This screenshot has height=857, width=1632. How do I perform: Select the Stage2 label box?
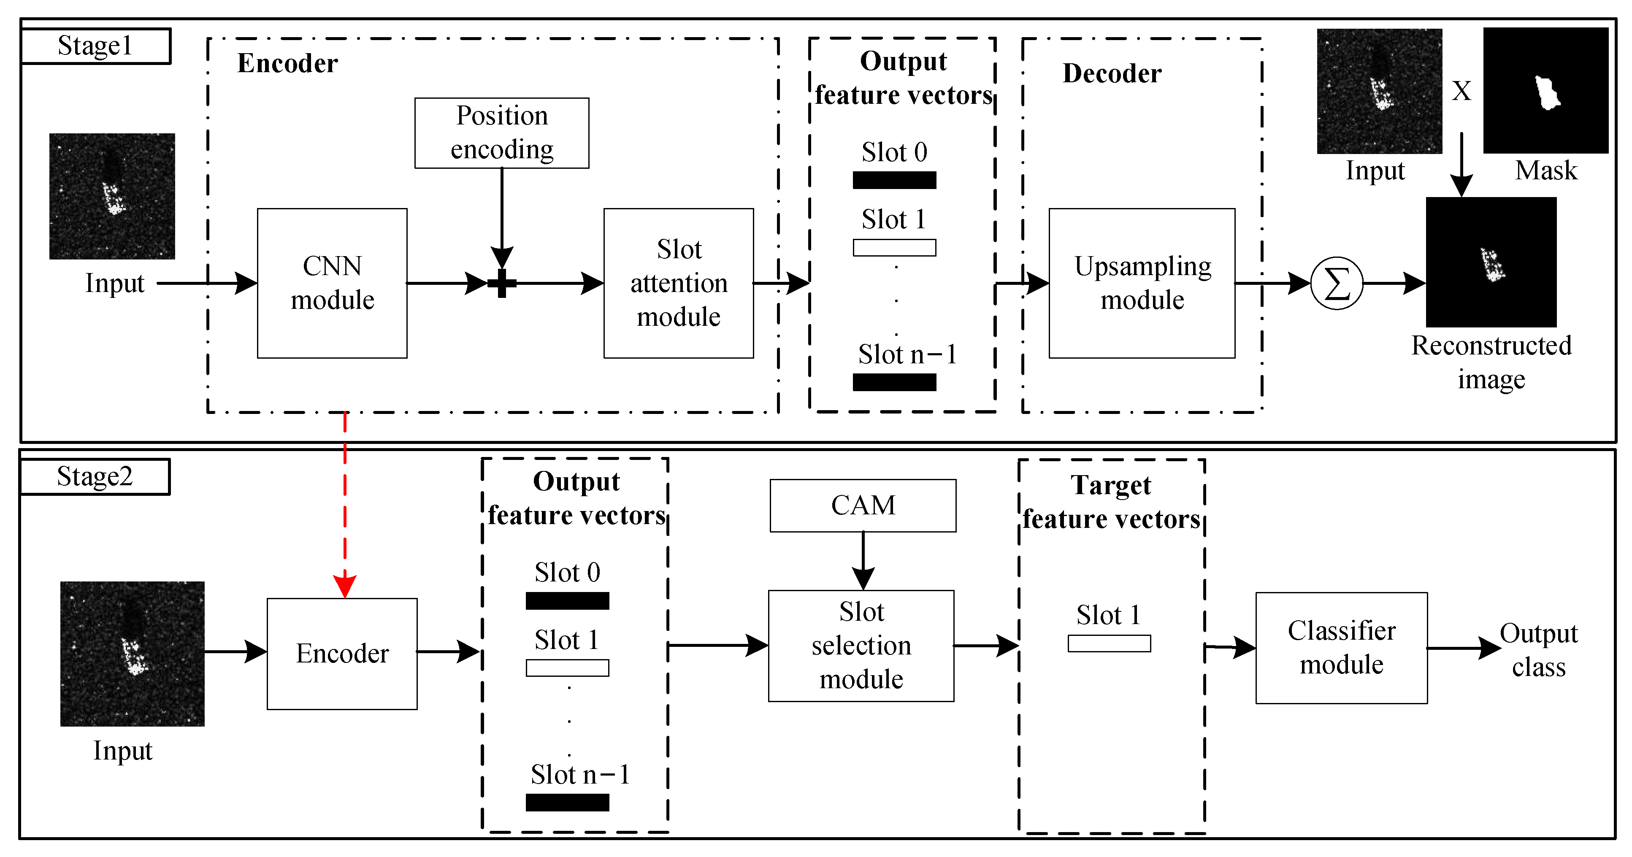(x=95, y=477)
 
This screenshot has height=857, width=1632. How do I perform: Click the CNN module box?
(x=332, y=283)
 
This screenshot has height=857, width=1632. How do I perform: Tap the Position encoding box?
(x=502, y=133)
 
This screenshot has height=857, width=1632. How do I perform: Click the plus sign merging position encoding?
(x=502, y=283)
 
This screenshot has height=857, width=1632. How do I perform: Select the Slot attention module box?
(x=679, y=283)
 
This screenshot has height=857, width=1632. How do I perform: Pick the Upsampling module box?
(x=1142, y=283)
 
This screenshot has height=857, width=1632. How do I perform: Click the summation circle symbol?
(x=1337, y=283)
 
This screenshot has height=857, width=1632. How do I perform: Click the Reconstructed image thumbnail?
(x=1491, y=262)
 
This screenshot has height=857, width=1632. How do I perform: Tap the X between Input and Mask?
(x=1461, y=91)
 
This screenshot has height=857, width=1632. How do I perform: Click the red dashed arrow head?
(x=345, y=586)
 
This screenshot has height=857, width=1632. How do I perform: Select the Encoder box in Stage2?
(x=342, y=654)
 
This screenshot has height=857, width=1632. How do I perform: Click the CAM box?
(x=863, y=506)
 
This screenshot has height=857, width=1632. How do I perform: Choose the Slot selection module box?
(x=861, y=646)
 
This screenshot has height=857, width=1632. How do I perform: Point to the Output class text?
(x=1538, y=651)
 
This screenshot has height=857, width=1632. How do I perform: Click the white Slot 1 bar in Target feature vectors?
(x=1109, y=643)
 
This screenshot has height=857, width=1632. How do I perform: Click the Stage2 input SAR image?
(x=133, y=654)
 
